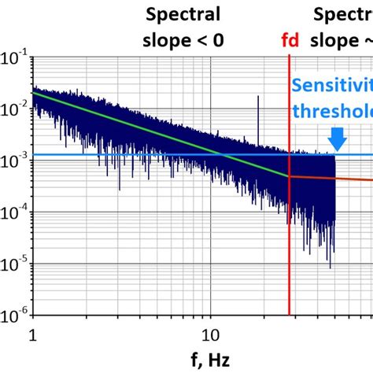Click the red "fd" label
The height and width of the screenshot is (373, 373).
tap(290, 40)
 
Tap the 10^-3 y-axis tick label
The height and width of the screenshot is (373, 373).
tap(14, 163)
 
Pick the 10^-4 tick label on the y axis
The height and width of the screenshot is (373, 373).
tap(14, 215)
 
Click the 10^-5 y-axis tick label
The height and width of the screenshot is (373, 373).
tap(14, 266)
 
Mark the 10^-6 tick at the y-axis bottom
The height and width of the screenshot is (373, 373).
tap(14, 317)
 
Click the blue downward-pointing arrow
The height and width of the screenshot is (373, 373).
tap(337, 138)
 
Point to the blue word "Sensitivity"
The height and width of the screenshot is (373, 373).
tap(331, 87)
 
